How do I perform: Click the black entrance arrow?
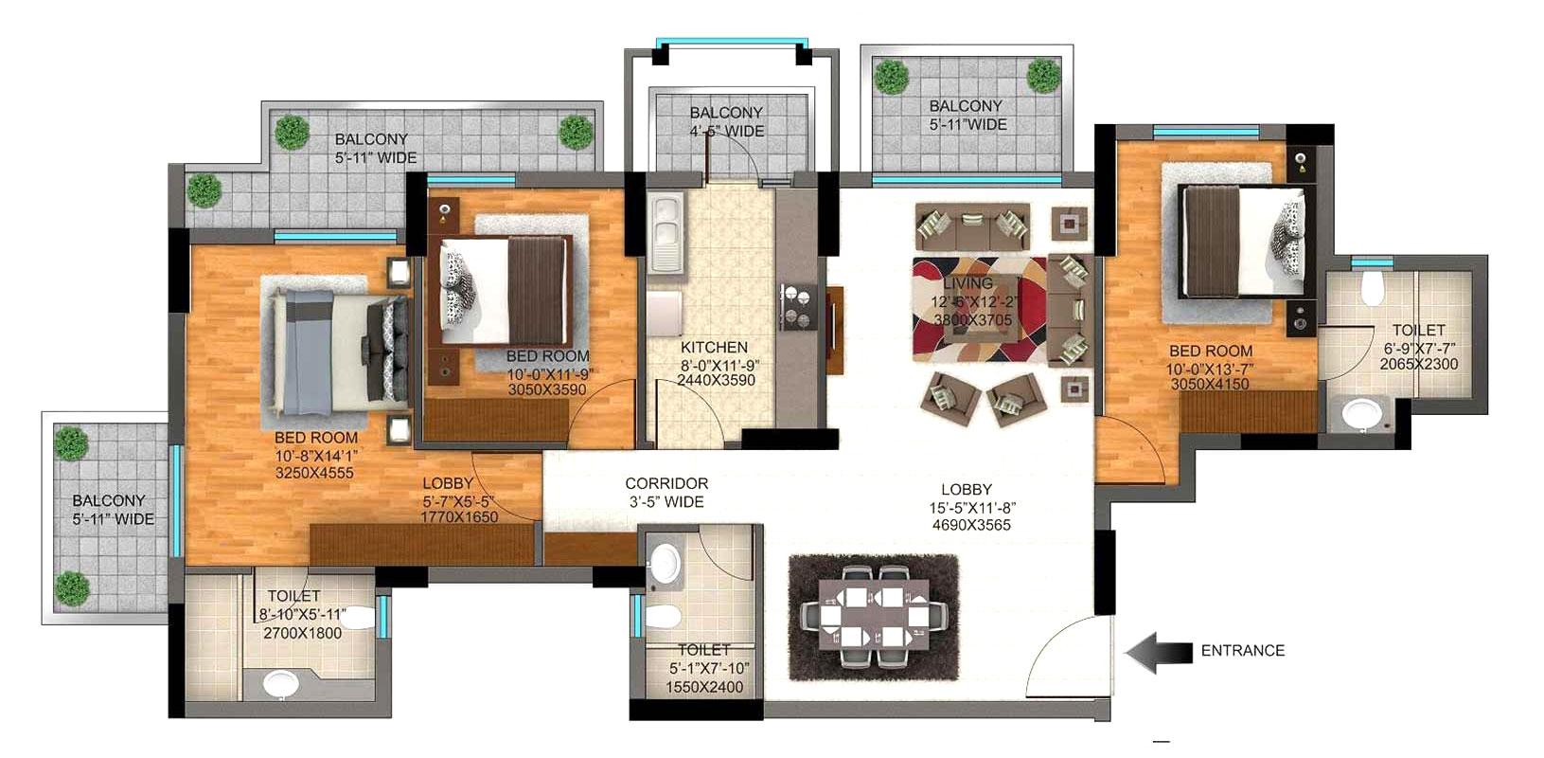1157,652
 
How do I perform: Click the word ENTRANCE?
1242,651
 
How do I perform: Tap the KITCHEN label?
714,348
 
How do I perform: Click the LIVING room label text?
967,283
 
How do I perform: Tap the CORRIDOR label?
666,484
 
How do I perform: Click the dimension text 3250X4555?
313,471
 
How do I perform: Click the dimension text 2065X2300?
1418,364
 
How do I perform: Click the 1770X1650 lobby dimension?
459,518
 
